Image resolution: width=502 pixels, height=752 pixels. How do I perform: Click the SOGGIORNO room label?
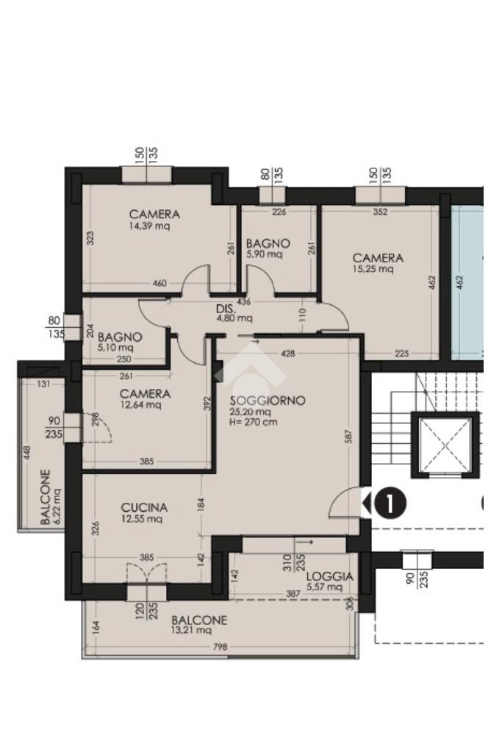coord(267,401)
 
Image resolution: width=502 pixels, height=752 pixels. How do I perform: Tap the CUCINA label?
coord(144,507)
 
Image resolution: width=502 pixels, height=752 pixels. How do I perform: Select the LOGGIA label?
coord(330,576)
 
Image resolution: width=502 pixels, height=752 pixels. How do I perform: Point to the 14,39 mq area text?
coord(150,226)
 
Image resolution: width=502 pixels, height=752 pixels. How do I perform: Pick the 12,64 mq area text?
coord(140,405)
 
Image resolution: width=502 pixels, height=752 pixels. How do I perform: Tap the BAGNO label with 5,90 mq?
coord(268,243)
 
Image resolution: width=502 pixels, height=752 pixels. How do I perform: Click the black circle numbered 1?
coord(390,504)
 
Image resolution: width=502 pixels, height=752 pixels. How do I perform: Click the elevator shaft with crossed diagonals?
coord(445,445)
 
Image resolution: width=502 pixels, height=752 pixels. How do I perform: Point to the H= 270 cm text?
coord(254,422)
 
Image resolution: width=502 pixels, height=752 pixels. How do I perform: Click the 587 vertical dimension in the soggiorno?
coord(348,436)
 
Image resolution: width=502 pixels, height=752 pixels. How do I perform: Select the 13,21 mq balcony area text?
coord(191,630)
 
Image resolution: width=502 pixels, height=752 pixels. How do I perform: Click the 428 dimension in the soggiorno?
coord(287,354)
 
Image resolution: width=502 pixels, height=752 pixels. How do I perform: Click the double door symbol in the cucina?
coord(147,573)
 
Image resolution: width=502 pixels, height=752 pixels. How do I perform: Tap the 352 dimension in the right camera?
coord(380,212)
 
